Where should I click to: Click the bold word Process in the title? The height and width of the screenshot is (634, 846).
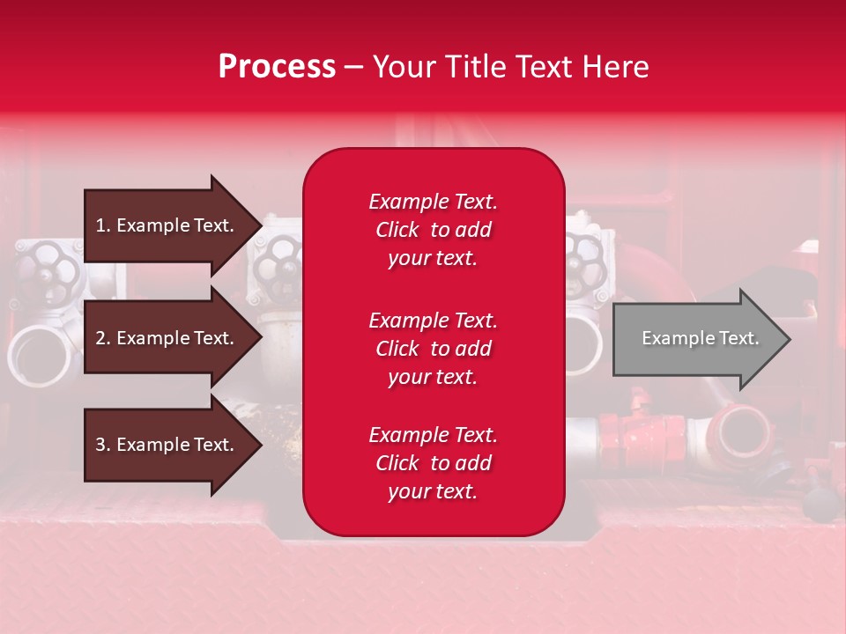click(x=277, y=67)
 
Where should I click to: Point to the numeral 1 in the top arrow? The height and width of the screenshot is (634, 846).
click(x=100, y=225)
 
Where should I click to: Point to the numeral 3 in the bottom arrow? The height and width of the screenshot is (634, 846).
click(x=100, y=445)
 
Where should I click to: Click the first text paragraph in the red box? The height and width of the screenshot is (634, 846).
click(x=433, y=230)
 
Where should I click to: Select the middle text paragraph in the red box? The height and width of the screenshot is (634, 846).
click(x=433, y=349)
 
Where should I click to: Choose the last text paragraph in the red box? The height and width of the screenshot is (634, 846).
click(x=433, y=463)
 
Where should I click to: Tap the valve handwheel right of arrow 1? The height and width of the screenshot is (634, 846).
click(x=280, y=262)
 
